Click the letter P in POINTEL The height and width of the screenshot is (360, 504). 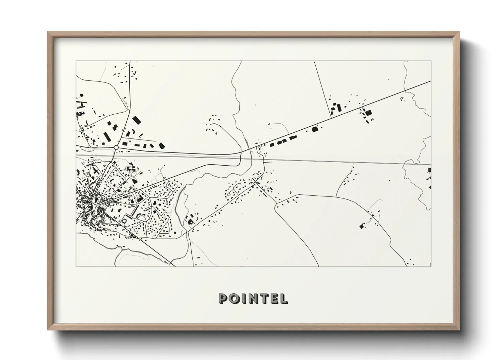pos(223,298)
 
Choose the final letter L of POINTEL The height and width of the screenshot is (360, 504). pos(283,298)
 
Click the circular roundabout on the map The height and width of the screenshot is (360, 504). pos(116,148)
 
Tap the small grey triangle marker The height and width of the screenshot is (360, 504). pos(216,133)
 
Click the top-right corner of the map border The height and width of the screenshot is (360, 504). pos(431,61)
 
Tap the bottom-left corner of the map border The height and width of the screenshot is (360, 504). pos(76,266)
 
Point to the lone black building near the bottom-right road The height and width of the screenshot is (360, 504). pos(362,226)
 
